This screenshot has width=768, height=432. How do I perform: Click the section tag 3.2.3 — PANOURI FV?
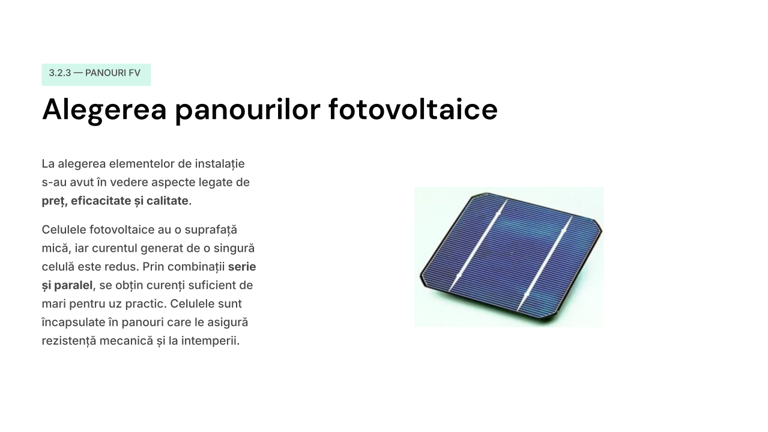click(x=96, y=75)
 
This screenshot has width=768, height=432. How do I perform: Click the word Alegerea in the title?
click(x=104, y=110)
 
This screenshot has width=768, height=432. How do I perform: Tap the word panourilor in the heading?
click(x=247, y=110)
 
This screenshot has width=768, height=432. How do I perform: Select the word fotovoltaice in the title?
click(x=413, y=109)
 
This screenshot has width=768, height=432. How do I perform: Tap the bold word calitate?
click(x=168, y=201)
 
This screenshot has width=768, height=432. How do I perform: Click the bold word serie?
click(x=242, y=267)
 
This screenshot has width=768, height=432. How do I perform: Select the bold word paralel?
click(x=73, y=285)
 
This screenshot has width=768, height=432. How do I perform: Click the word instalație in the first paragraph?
click(x=220, y=163)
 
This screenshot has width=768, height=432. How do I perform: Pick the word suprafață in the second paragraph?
click(x=211, y=230)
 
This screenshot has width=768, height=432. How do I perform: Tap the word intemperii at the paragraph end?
click(x=210, y=341)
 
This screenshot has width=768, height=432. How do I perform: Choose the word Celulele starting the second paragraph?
click(x=64, y=230)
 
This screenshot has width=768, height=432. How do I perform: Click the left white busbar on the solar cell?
click(x=478, y=246)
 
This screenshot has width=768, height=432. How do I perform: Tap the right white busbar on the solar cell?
click(x=545, y=263)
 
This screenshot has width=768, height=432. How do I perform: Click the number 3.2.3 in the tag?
click(x=60, y=73)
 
